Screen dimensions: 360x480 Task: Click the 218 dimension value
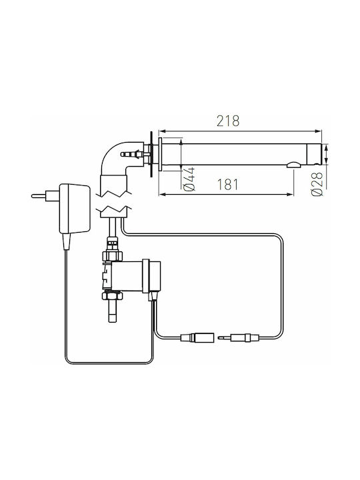[x=228, y=121]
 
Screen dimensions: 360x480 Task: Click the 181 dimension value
[x=227, y=185]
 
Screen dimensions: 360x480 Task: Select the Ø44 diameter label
[x=190, y=179]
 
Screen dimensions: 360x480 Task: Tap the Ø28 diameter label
[x=317, y=184]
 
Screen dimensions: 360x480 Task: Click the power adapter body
[x=75, y=209]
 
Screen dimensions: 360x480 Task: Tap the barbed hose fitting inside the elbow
[x=132, y=154]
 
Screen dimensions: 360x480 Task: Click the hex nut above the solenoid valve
[x=113, y=255]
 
